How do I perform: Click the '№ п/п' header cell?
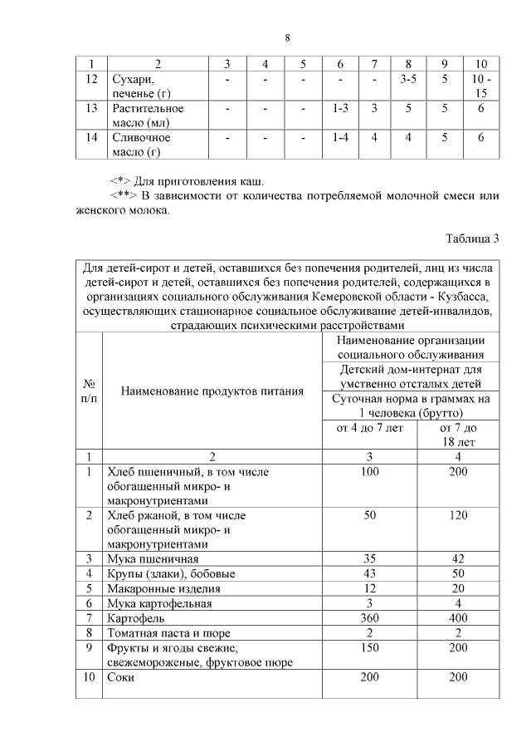click(x=89, y=391)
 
